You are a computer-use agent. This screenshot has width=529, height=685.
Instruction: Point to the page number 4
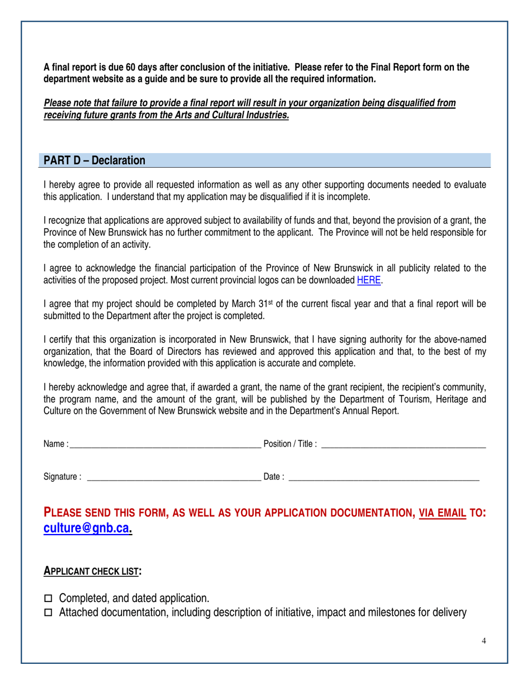coord(484,641)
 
